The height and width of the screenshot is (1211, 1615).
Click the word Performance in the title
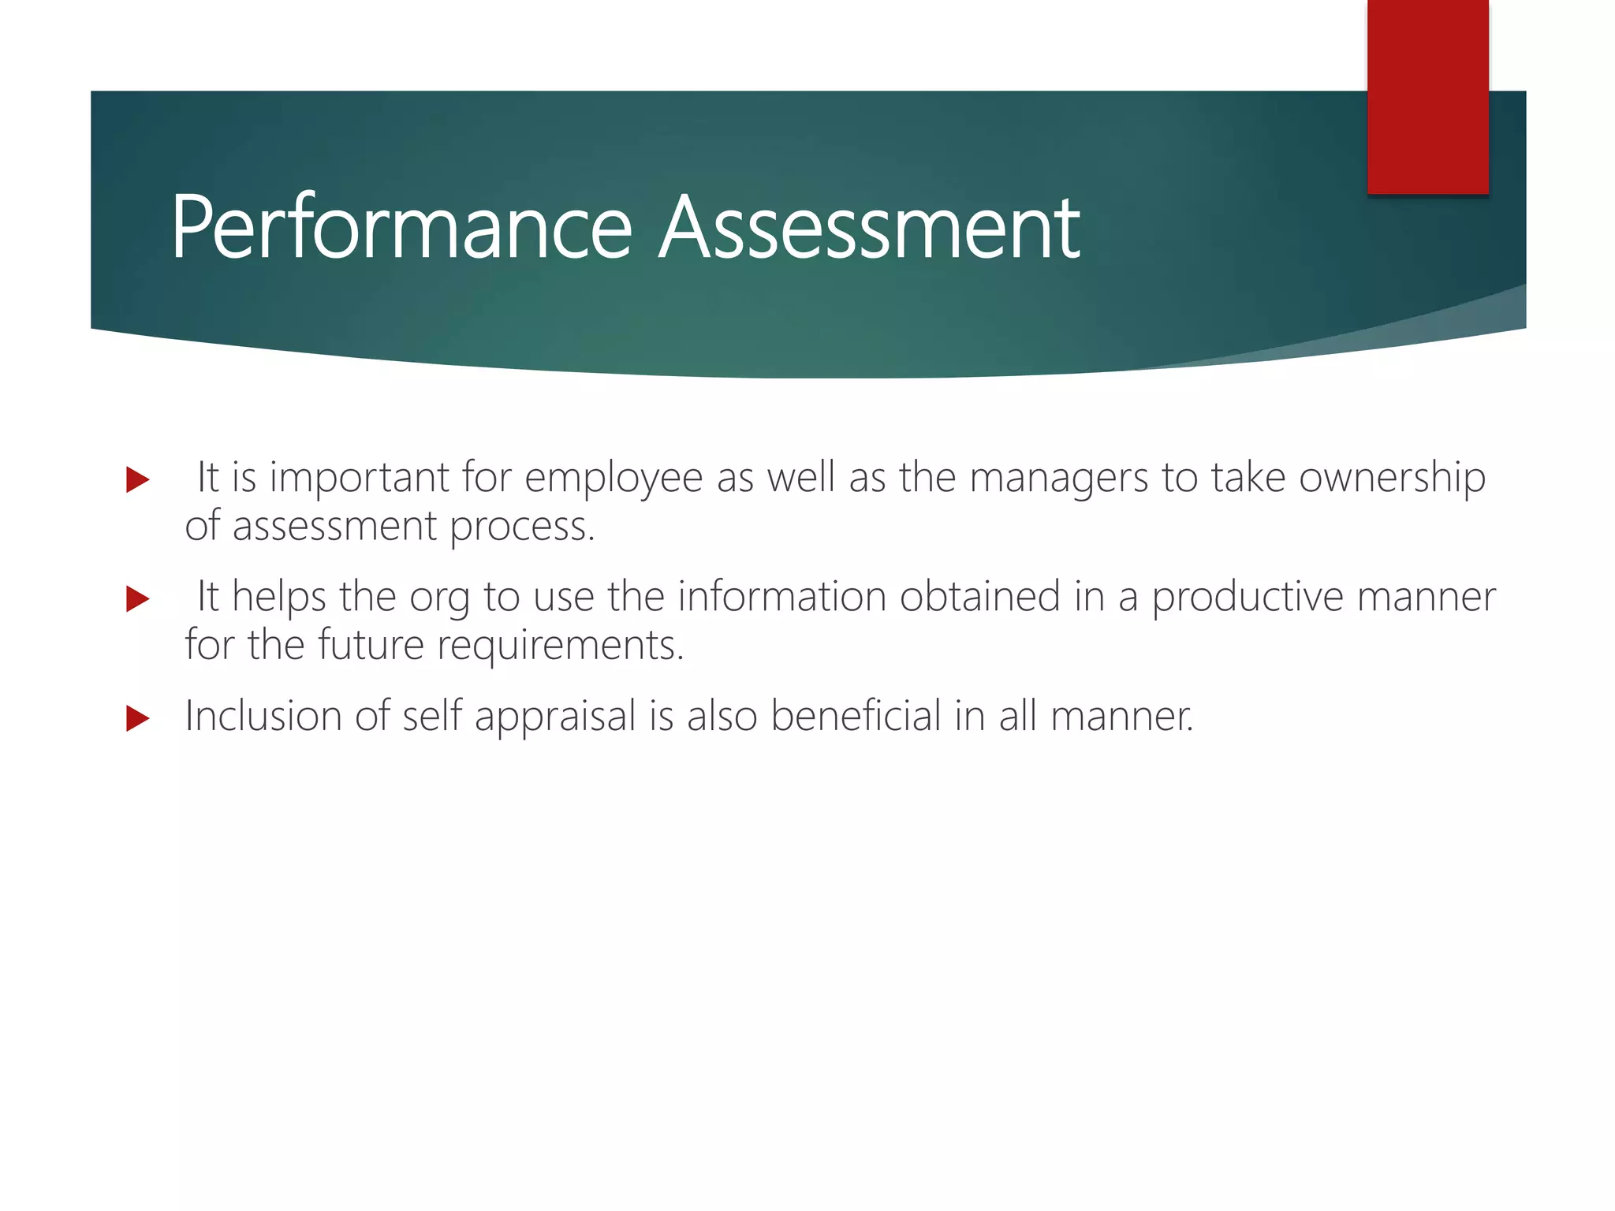(401, 229)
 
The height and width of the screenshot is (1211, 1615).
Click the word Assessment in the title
(869, 229)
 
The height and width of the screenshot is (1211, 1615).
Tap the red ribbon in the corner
(1427, 95)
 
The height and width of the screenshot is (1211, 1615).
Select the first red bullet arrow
(137, 479)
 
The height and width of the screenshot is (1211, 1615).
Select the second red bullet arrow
(137, 599)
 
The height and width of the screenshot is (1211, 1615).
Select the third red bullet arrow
(137, 718)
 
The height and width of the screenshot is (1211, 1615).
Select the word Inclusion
(263, 717)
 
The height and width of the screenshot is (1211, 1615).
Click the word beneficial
(856, 717)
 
